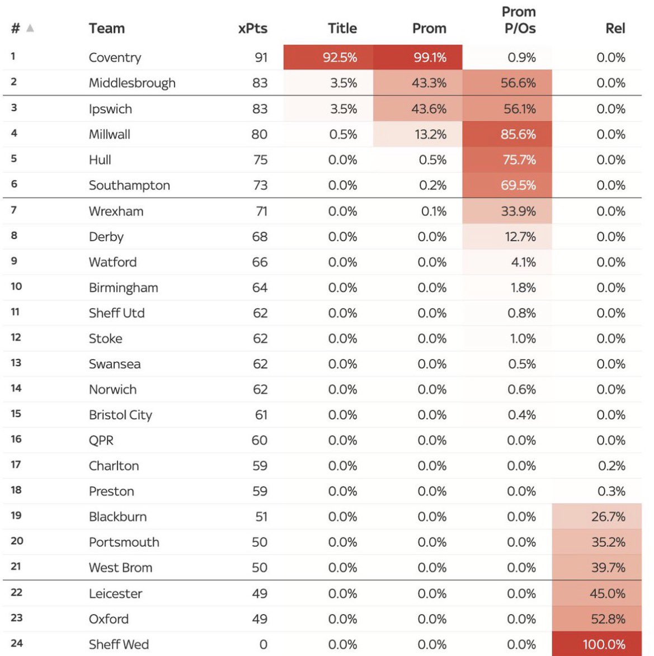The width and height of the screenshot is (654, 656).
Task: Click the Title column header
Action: pyautogui.click(x=342, y=28)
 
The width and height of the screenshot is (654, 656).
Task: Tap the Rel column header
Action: pyautogui.click(x=615, y=28)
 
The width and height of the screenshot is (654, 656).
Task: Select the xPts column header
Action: pyautogui.click(x=252, y=28)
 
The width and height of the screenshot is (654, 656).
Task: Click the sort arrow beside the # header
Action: pyautogui.click(x=30, y=28)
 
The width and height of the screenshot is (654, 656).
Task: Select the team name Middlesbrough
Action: pyautogui.click(x=132, y=83)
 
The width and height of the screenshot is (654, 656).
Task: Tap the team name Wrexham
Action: pyautogui.click(x=116, y=211)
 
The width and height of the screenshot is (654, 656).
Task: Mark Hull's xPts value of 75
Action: pyautogui.click(x=260, y=159)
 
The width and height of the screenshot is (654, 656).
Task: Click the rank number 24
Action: pyautogui.click(x=17, y=643)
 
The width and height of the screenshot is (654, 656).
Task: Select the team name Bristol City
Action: pyautogui.click(x=120, y=414)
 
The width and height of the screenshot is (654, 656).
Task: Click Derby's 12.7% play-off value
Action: pyautogui.click(x=520, y=237)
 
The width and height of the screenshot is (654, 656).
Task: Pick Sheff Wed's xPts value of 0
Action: pyautogui.click(x=263, y=644)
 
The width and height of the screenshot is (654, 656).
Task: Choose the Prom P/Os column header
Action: pyautogui.click(x=519, y=20)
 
